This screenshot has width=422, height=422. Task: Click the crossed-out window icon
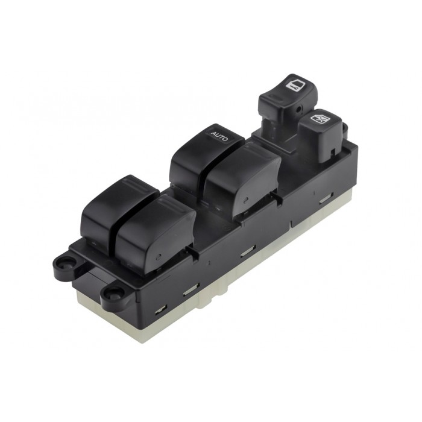319,119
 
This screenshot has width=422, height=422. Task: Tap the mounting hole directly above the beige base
112,294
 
